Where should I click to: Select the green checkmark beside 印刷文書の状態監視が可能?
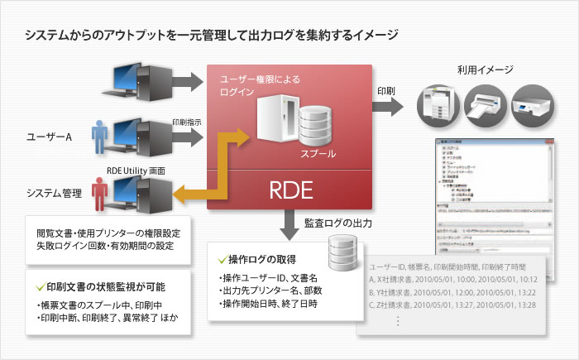coord(41,287)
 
